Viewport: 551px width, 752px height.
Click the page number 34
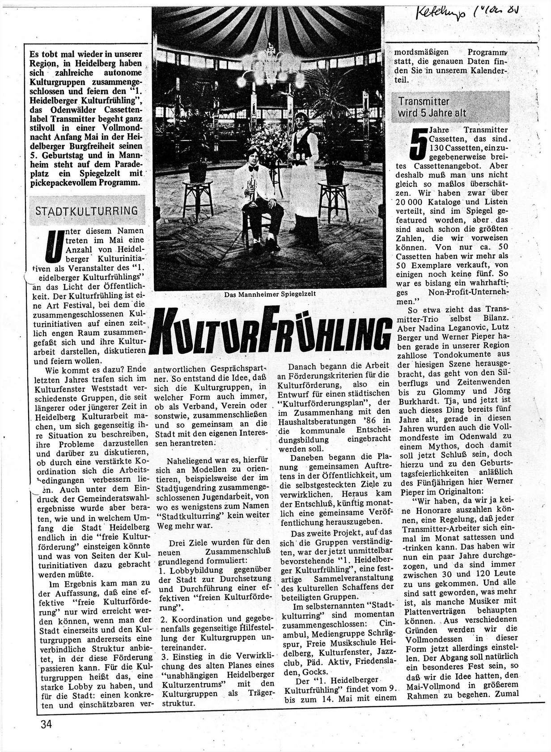tap(46, 724)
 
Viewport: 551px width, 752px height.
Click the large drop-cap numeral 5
tap(418, 143)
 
